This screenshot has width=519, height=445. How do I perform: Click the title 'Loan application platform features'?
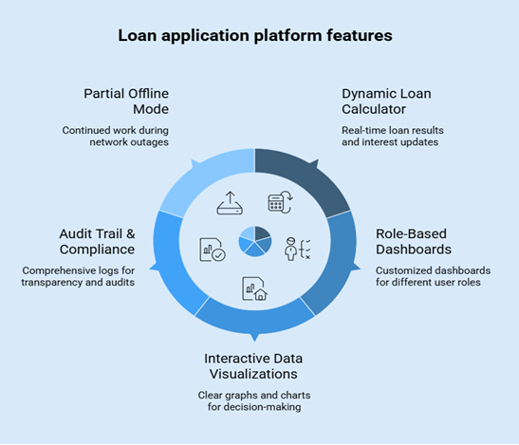[254, 36]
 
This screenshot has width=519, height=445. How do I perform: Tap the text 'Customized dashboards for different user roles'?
[429, 275]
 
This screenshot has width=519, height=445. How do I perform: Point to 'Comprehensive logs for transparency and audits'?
[80, 275]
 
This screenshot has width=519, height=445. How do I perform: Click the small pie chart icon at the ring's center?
[254, 241]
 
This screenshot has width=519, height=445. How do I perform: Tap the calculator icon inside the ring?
[280, 202]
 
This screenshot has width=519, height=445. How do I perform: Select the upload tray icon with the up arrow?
[231, 202]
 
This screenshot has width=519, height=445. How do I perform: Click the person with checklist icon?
[297, 249]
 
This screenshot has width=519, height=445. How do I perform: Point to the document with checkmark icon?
[211, 249]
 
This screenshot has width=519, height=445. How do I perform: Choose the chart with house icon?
[253, 286]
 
